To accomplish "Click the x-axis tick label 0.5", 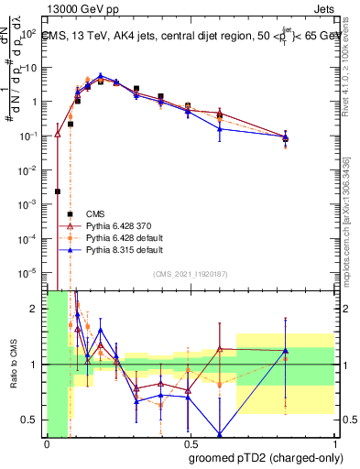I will click(x=191, y=444).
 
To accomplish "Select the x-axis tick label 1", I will click(x=335, y=444).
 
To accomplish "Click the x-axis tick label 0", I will click(x=46, y=444).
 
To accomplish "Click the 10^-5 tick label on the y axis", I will click(x=28, y=271).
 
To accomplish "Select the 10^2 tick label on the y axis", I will click(x=28, y=34).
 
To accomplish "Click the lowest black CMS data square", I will click(x=58, y=191).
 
